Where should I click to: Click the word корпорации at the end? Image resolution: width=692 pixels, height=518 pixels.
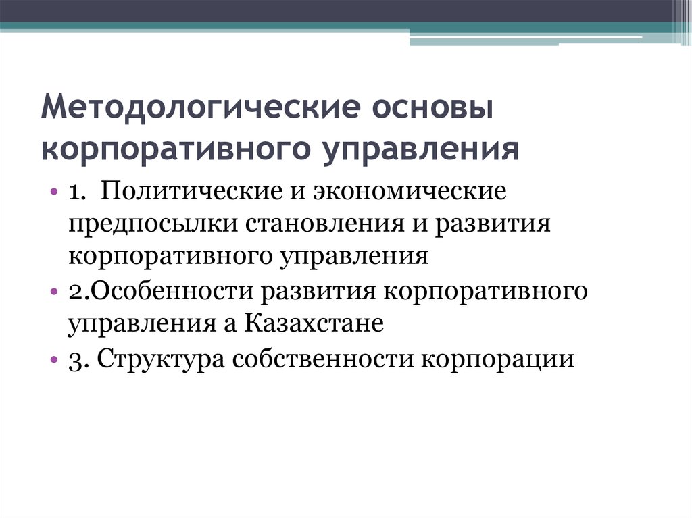(499, 358)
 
